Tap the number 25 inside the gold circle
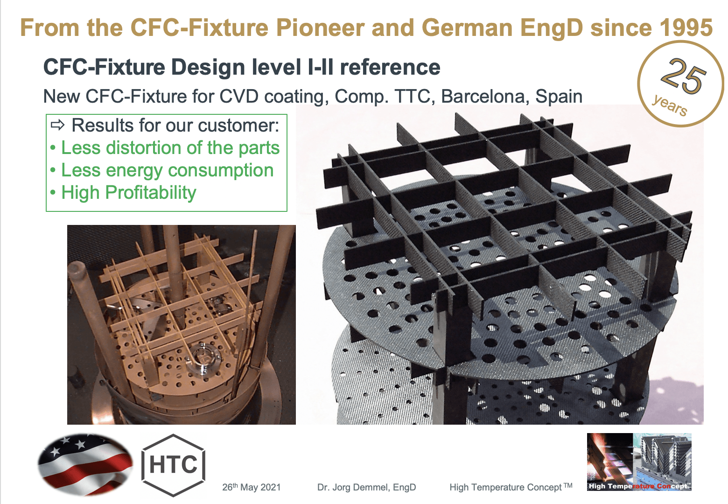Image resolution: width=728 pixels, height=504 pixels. click(x=683, y=76)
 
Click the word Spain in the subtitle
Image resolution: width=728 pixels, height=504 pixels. click(x=559, y=97)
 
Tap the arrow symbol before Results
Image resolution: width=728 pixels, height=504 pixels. click(x=57, y=125)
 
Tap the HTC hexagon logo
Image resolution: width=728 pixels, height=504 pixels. click(x=173, y=465)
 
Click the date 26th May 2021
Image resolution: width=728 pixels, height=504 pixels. click(x=251, y=487)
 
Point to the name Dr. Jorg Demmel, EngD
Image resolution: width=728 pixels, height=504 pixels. click(x=366, y=487)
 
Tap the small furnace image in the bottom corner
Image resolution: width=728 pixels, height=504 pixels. click(x=639, y=462)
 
